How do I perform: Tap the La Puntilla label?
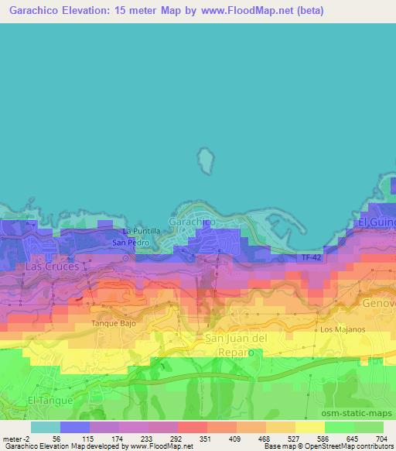(x=142, y=231)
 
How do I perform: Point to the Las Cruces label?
(x=53, y=266)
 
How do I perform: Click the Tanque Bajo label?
(x=114, y=323)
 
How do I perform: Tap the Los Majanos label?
(x=337, y=329)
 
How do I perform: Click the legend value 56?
(x=56, y=438)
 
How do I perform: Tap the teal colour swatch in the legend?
(x=45, y=427)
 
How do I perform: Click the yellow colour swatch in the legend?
(x=309, y=427)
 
